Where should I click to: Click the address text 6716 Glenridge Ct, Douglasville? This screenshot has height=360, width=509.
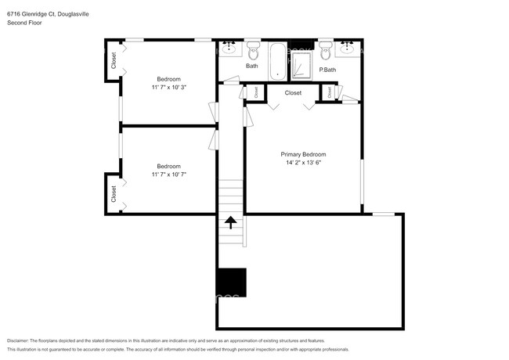46,12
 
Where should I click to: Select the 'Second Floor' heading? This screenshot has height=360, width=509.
23,23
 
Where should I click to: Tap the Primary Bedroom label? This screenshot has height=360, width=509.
303,154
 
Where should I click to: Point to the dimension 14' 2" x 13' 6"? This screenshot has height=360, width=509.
303,164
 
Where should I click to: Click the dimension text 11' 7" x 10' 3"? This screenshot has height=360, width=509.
168,87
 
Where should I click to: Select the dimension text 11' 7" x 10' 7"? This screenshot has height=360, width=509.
168,175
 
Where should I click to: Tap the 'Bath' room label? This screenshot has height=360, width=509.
251,66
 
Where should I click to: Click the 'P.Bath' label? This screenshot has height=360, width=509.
327,70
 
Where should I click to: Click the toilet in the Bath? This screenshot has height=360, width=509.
253,51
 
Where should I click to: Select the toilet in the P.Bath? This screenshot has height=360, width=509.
327,51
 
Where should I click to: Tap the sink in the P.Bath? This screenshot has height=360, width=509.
348,49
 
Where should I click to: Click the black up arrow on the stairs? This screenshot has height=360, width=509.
231,224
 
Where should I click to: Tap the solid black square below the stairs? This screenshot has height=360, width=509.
232,282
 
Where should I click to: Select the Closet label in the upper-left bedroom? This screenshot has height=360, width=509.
114,60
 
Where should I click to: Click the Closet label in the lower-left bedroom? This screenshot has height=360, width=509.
114,193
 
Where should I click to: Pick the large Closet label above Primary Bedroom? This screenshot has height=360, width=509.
292,93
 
